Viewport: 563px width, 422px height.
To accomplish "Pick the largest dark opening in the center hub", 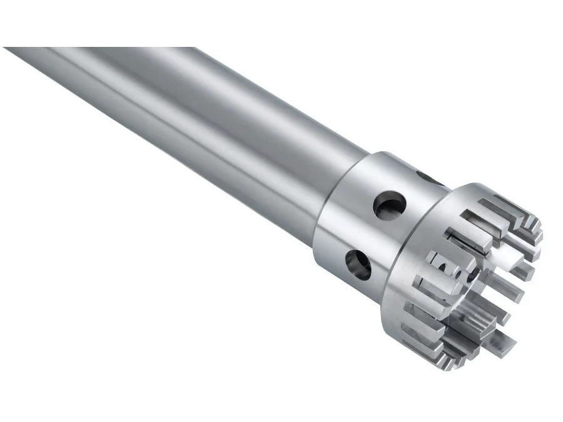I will pos(445,268).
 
